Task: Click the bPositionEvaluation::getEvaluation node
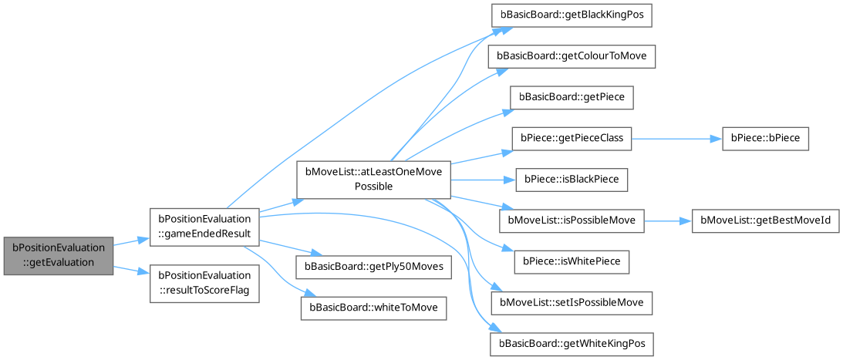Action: pos(59,255)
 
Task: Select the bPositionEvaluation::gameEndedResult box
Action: pos(204,226)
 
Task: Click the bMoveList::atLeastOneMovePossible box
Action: pos(373,179)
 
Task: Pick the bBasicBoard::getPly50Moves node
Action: pos(373,267)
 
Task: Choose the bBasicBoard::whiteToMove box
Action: pos(373,307)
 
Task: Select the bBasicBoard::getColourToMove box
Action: pos(572,57)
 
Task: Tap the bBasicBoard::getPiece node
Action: pos(572,98)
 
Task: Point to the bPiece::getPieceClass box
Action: pos(572,139)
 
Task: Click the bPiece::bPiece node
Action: pos(765,139)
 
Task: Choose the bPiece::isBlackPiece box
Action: pos(572,180)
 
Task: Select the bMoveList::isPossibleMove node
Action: pos(572,220)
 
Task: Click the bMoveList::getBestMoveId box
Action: pos(765,220)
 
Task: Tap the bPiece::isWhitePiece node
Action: pos(572,261)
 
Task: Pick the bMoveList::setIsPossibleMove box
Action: pos(572,302)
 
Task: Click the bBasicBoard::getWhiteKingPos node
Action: pos(572,343)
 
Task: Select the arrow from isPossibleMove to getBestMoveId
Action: pos(668,220)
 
